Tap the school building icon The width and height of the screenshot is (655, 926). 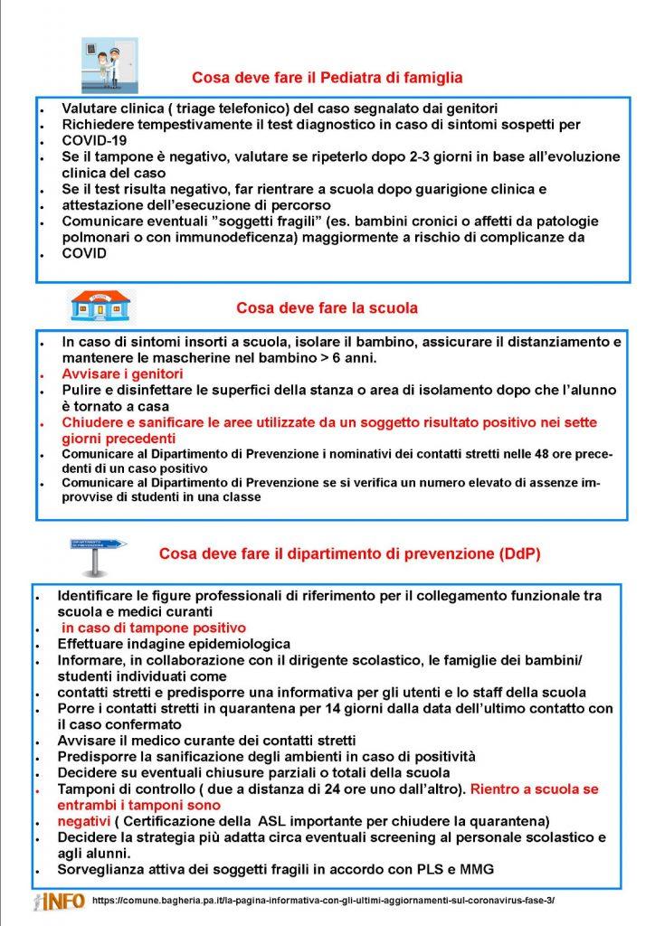point(100,306)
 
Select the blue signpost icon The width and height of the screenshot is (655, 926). point(98,553)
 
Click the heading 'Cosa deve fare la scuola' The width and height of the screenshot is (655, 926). point(327,307)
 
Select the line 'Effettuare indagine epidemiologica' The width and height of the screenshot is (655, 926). point(173,644)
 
